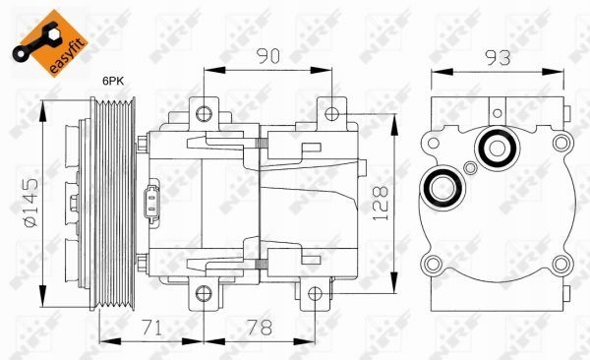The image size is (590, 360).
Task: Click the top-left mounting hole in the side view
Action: click(203, 111)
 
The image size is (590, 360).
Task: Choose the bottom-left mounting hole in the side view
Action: click(203, 291)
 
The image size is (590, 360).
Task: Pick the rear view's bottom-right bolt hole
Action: click(560, 263)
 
